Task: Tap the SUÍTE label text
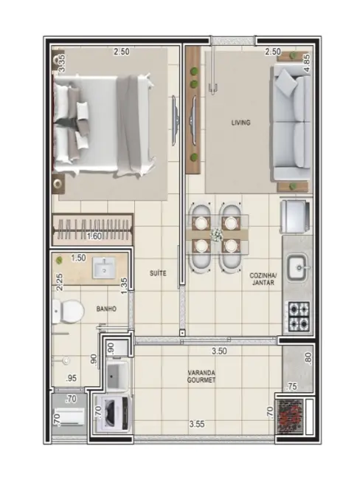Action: (x=158, y=273)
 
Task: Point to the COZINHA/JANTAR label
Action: (x=263, y=278)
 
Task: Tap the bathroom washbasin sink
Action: (x=105, y=270)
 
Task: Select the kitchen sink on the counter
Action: (x=299, y=264)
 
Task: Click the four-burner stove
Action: (x=300, y=316)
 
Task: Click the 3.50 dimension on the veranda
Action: (x=218, y=352)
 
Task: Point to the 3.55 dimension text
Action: (x=197, y=424)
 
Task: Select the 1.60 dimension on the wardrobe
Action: (x=94, y=236)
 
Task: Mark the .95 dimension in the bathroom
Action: (x=72, y=378)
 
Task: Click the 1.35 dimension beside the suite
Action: (x=124, y=284)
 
